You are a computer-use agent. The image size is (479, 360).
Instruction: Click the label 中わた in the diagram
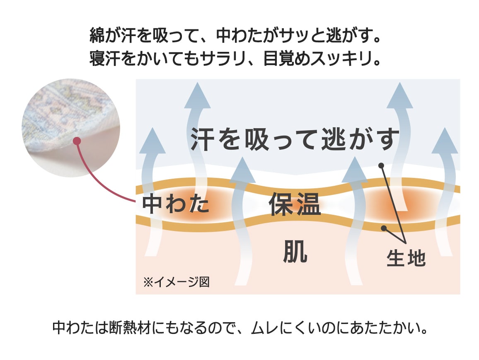pos(176,204)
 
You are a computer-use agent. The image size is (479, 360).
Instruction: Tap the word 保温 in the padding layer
pos(295,204)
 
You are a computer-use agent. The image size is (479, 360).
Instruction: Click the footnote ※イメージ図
pos(176,282)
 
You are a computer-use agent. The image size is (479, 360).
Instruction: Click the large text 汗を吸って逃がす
pos(295,139)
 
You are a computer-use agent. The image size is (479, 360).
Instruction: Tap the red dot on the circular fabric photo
pos(76,141)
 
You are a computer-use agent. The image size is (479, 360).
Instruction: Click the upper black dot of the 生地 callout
pos(381,165)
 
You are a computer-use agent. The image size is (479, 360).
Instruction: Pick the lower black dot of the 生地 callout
pos(384,228)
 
